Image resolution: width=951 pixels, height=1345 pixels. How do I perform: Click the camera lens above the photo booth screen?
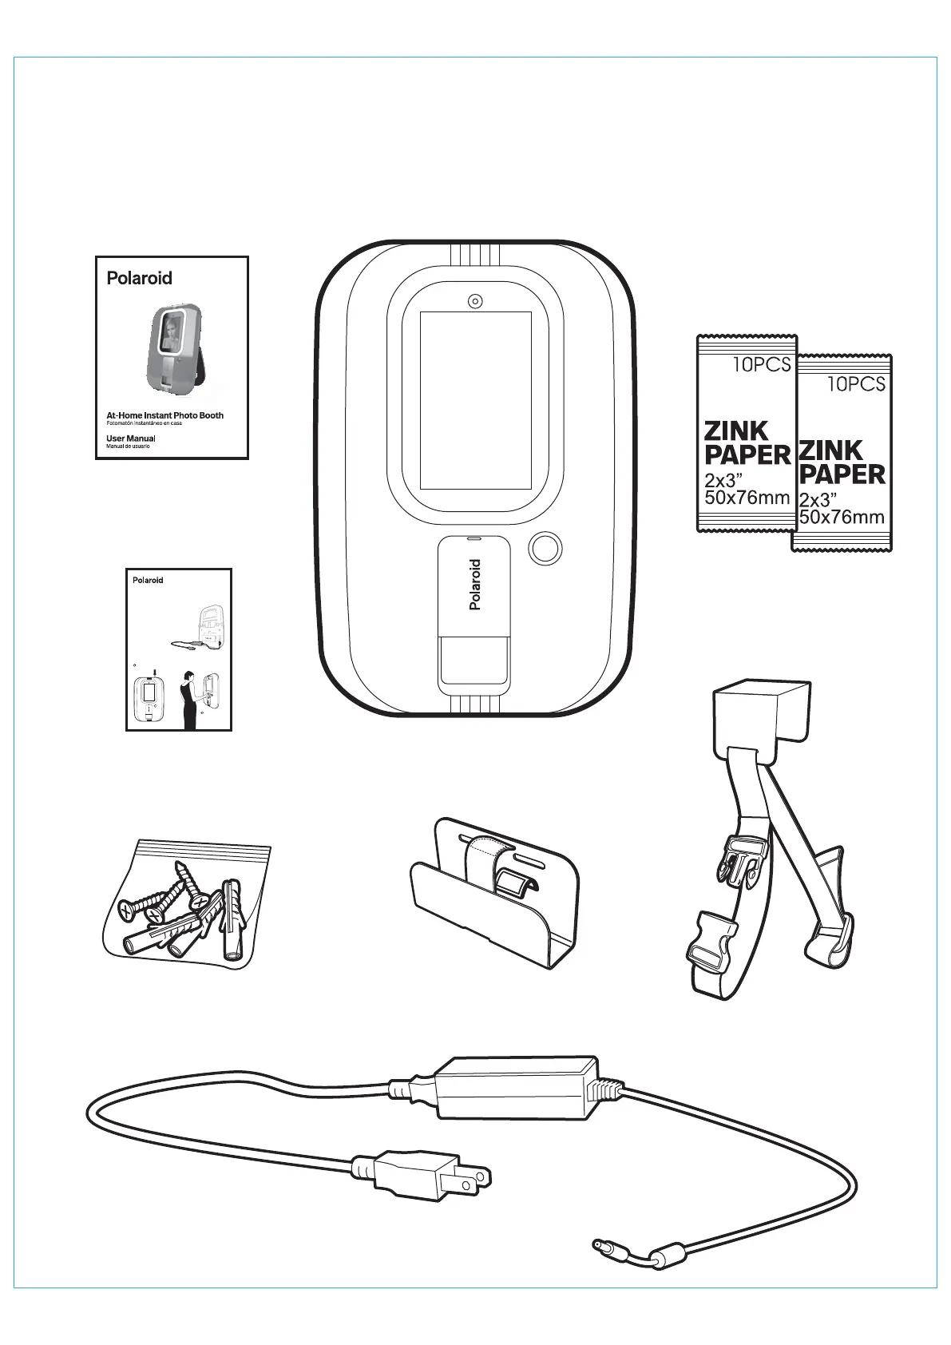click(x=475, y=301)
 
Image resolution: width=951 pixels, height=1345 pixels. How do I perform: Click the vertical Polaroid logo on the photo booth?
click(x=475, y=585)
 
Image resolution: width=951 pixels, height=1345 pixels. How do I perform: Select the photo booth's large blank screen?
click(x=475, y=400)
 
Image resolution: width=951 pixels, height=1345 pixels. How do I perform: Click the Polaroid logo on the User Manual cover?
click(x=139, y=279)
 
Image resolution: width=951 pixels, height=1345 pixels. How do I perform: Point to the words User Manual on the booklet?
click(x=130, y=438)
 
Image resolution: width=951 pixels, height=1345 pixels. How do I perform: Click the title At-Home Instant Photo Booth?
click(x=164, y=415)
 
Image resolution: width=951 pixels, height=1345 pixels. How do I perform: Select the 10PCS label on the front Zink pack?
click(x=856, y=384)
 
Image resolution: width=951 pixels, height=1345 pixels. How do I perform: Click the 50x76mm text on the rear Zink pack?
click(x=747, y=498)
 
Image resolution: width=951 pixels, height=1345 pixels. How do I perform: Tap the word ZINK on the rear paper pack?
click(x=735, y=431)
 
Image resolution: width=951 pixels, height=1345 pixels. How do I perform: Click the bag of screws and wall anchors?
click(x=187, y=907)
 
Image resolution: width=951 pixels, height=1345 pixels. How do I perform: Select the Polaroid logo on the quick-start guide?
click(x=147, y=581)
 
